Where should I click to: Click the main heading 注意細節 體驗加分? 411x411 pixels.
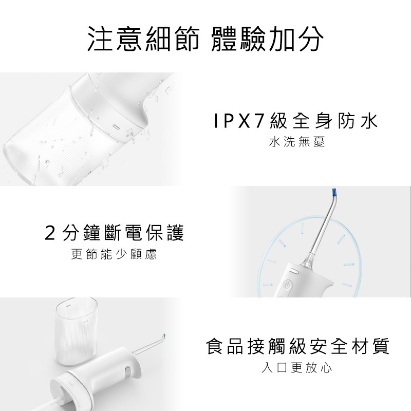point(205,39)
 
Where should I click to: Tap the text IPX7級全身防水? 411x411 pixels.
point(296,121)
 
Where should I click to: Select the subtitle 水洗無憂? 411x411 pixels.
point(297,142)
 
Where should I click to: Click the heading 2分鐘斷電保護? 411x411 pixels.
point(114,233)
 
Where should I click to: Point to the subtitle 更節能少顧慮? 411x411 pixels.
point(114,254)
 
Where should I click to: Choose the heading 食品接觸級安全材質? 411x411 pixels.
point(298,346)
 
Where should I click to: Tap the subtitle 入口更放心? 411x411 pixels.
point(297,367)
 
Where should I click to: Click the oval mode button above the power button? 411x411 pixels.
point(293,271)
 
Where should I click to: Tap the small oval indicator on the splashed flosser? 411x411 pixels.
point(116,126)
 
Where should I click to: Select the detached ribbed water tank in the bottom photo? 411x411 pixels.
point(76,332)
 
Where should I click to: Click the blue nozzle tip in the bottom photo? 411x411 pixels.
point(164,336)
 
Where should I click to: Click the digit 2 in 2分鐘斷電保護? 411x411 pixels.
point(50,233)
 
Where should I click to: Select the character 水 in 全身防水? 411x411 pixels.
point(369,121)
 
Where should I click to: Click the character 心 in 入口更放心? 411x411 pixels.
point(326,368)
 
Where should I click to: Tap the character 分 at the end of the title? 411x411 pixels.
point(311,39)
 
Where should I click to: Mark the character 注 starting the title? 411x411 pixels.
point(100,39)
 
